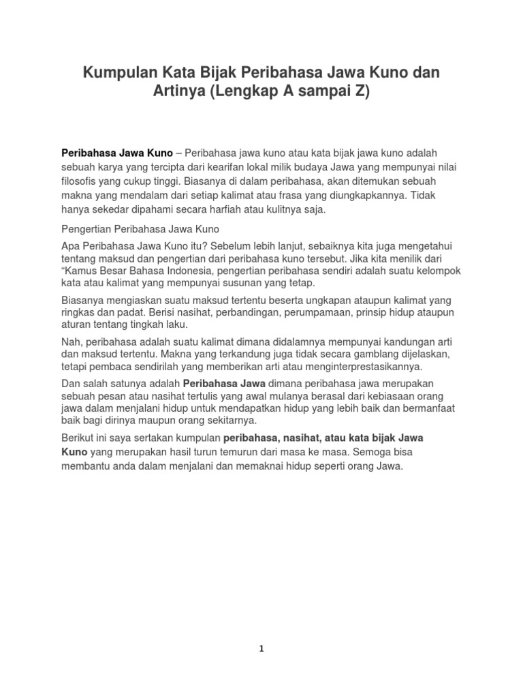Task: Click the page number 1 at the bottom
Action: (261, 649)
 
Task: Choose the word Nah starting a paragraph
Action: (72, 342)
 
